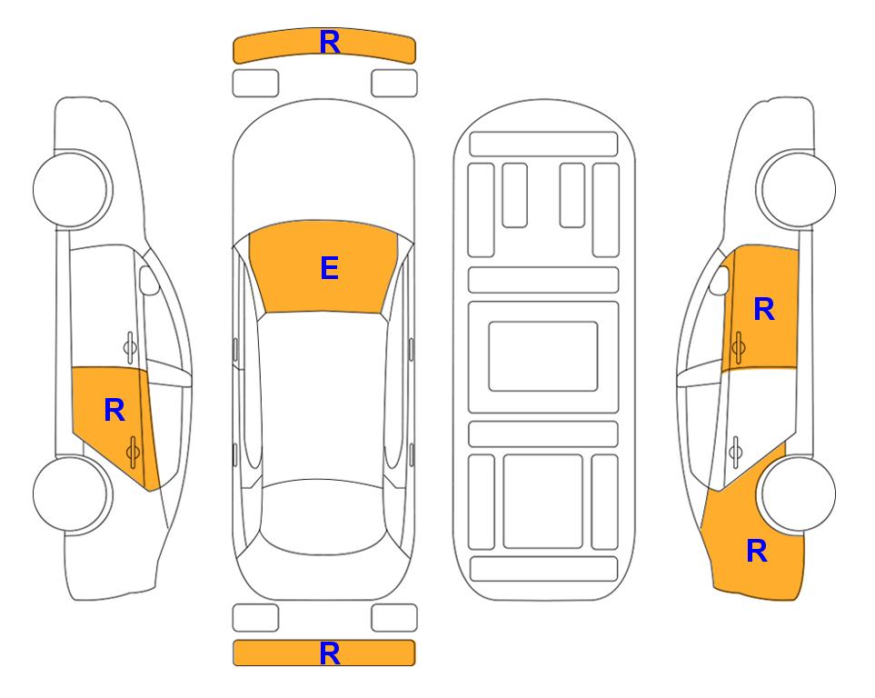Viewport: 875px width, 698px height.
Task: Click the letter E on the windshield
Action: (329, 268)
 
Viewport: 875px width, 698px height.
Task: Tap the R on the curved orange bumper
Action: (330, 42)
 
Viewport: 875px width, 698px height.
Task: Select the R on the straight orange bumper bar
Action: (330, 653)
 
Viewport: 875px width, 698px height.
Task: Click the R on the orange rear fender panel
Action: (757, 551)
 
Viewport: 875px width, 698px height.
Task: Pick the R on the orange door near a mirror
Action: (764, 309)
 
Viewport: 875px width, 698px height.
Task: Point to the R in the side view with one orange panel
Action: (114, 411)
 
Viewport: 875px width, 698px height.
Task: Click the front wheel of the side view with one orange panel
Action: (72, 190)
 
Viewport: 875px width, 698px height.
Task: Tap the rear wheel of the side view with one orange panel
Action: (72, 494)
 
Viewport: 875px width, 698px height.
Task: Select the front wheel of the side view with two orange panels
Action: (796, 190)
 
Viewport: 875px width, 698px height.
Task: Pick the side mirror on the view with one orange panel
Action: (149, 280)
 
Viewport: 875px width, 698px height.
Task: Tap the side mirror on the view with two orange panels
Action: (720, 280)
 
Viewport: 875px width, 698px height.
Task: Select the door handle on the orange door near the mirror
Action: (739, 347)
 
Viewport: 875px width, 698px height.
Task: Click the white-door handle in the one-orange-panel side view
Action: (130, 347)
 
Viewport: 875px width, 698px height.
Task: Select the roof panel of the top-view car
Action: (323, 397)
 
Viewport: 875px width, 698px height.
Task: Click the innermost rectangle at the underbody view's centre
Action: (543, 356)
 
